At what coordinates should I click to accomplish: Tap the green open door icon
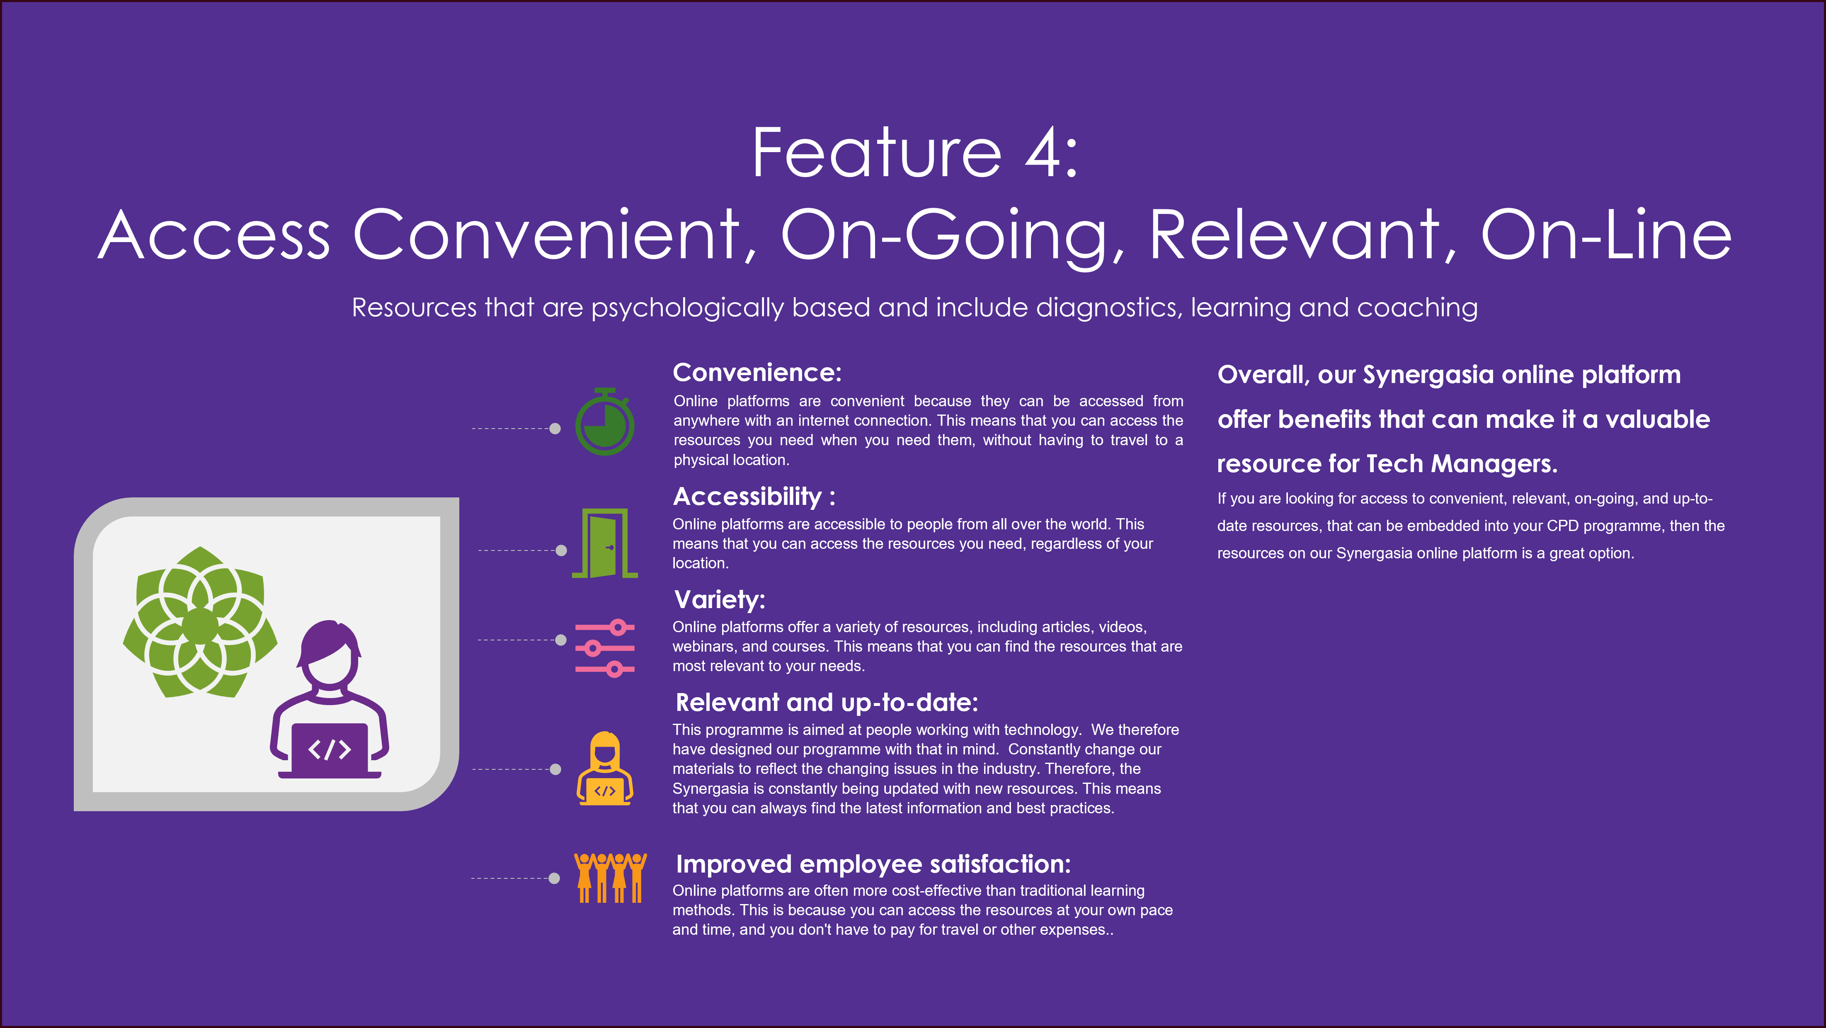pyautogui.click(x=605, y=543)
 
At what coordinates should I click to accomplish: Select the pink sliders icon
pyautogui.click(x=605, y=648)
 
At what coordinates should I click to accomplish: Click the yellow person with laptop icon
pyautogui.click(x=605, y=769)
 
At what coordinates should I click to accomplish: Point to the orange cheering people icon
pyautogui.click(x=610, y=878)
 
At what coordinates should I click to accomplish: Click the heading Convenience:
pyautogui.click(x=757, y=373)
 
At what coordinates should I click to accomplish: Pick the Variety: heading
pyautogui.click(x=720, y=600)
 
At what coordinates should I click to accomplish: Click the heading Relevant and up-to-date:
pyautogui.click(x=827, y=703)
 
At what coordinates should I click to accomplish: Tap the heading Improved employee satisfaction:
pyautogui.click(x=873, y=864)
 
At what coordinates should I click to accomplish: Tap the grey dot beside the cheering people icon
pyautogui.click(x=554, y=878)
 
